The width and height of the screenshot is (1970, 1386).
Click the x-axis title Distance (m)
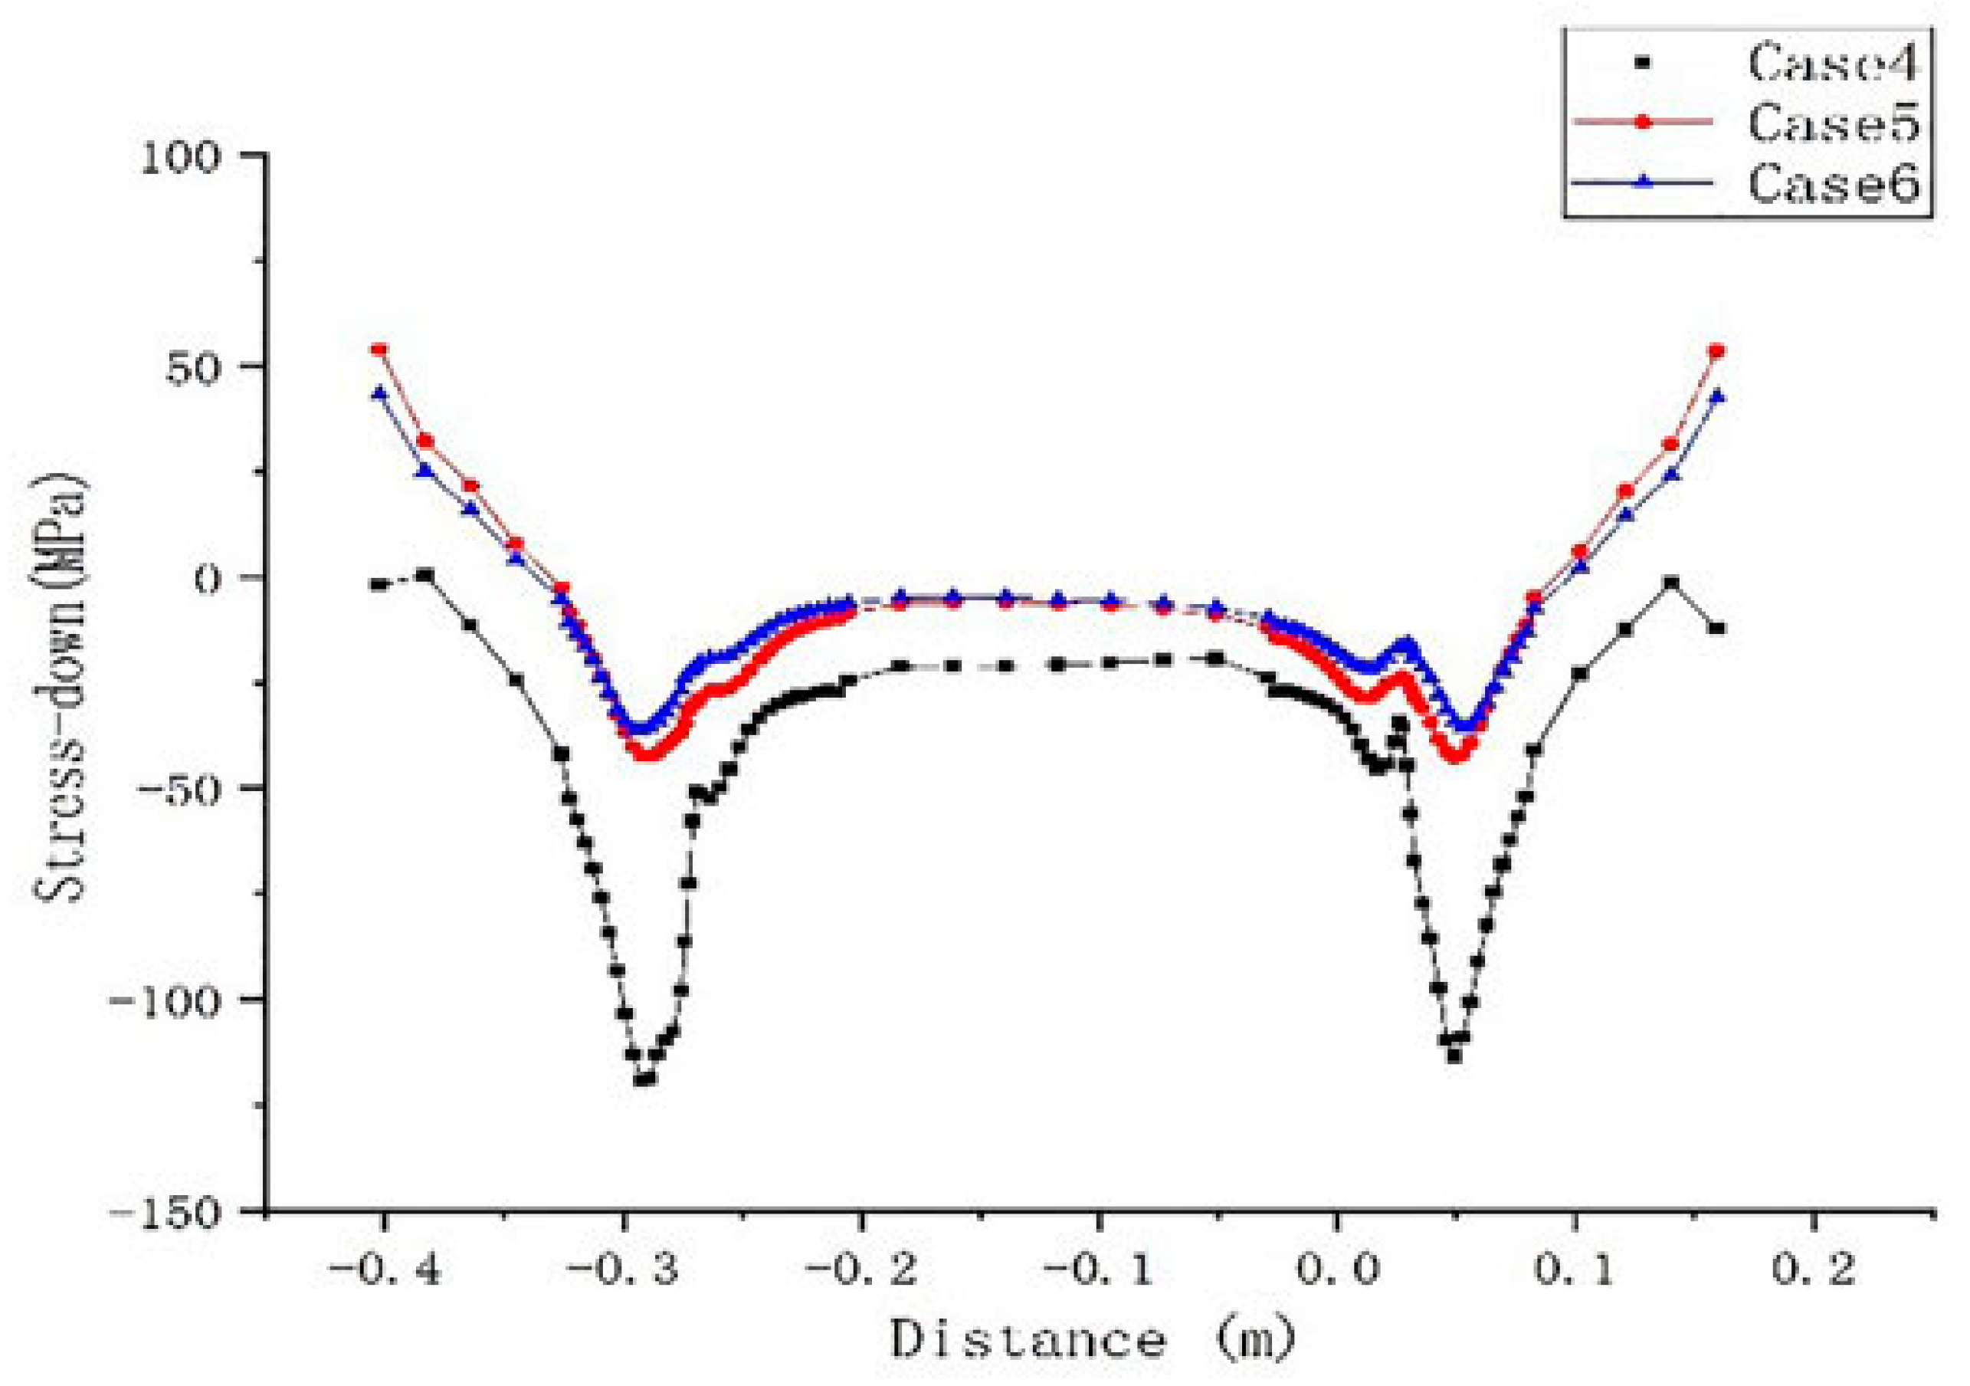(x=1090, y=1338)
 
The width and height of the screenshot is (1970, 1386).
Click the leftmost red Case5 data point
(x=379, y=350)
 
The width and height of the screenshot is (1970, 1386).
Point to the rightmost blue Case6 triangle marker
(x=1717, y=396)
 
